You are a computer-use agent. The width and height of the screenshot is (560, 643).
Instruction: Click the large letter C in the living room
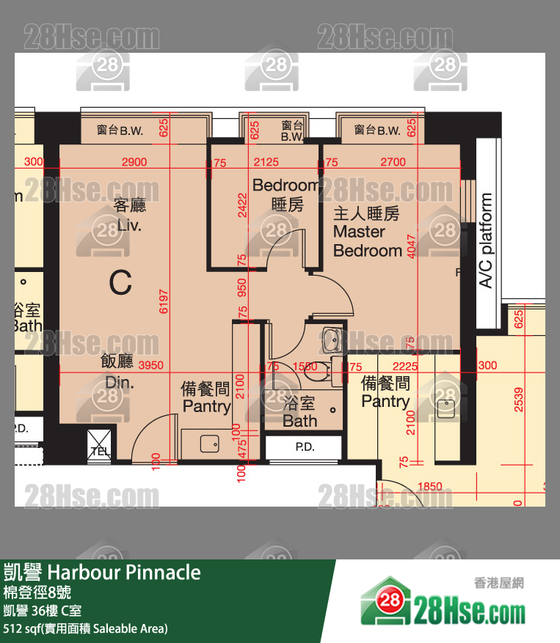[x=120, y=282]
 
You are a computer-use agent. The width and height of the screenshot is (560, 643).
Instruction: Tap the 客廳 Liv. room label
[x=128, y=215]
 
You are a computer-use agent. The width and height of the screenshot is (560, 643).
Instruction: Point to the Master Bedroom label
[x=367, y=232]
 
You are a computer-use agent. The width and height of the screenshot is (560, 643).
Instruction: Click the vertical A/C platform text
[x=486, y=240]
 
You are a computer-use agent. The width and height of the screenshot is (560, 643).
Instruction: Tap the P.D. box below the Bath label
[x=304, y=447]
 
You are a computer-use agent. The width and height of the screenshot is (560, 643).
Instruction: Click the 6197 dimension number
[x=163, y=301]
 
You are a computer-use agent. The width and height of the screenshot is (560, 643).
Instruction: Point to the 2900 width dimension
[x=134, y=162]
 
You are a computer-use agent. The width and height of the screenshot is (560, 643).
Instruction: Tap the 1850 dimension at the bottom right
[x=429, y=486]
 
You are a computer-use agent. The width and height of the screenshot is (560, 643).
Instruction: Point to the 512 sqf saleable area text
[x=85, y=628]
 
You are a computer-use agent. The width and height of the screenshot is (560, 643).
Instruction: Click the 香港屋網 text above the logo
[x=499, y=584]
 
